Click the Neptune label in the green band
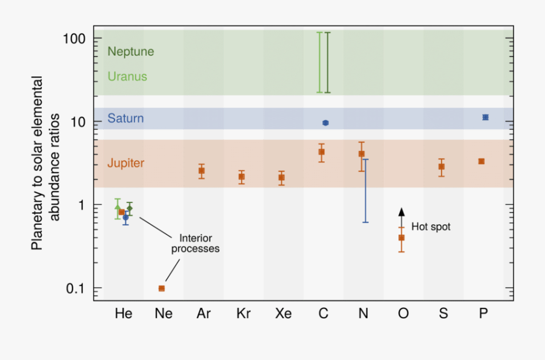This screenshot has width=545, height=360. [131, 52]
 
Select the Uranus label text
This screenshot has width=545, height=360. [127, 77]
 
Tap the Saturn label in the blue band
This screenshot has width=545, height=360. [126, 118]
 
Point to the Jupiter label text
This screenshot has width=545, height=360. [126, 163]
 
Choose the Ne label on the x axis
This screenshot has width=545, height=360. [163, 313]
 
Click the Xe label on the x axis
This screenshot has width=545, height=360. [283, 313]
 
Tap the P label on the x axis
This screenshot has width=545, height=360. [483, 313]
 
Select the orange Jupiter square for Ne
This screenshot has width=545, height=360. [162, 288]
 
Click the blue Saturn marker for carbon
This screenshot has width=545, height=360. [325, 123]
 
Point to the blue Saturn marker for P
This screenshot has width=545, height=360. [485, 117]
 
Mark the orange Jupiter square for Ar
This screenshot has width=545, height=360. [202, 171]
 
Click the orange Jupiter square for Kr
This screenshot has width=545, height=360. [242, 176]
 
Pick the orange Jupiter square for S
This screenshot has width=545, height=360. [441, 167]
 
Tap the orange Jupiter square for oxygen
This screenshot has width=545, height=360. [401, 238]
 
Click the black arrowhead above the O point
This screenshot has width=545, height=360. [401, 212]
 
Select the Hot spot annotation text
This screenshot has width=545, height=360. [431, 227]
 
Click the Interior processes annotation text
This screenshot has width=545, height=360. [195, 244]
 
